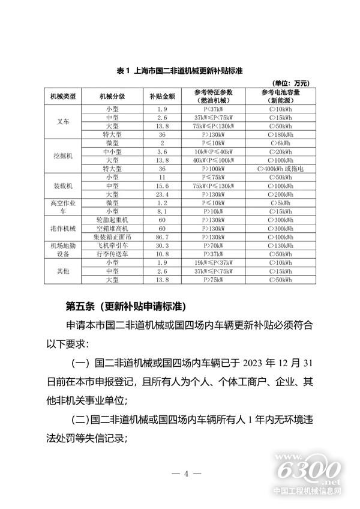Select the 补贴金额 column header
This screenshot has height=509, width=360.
pos(162,97)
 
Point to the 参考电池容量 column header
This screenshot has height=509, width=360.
pos(280,97)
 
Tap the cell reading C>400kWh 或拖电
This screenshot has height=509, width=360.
pos(280,169)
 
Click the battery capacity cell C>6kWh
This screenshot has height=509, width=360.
pos(280,144)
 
